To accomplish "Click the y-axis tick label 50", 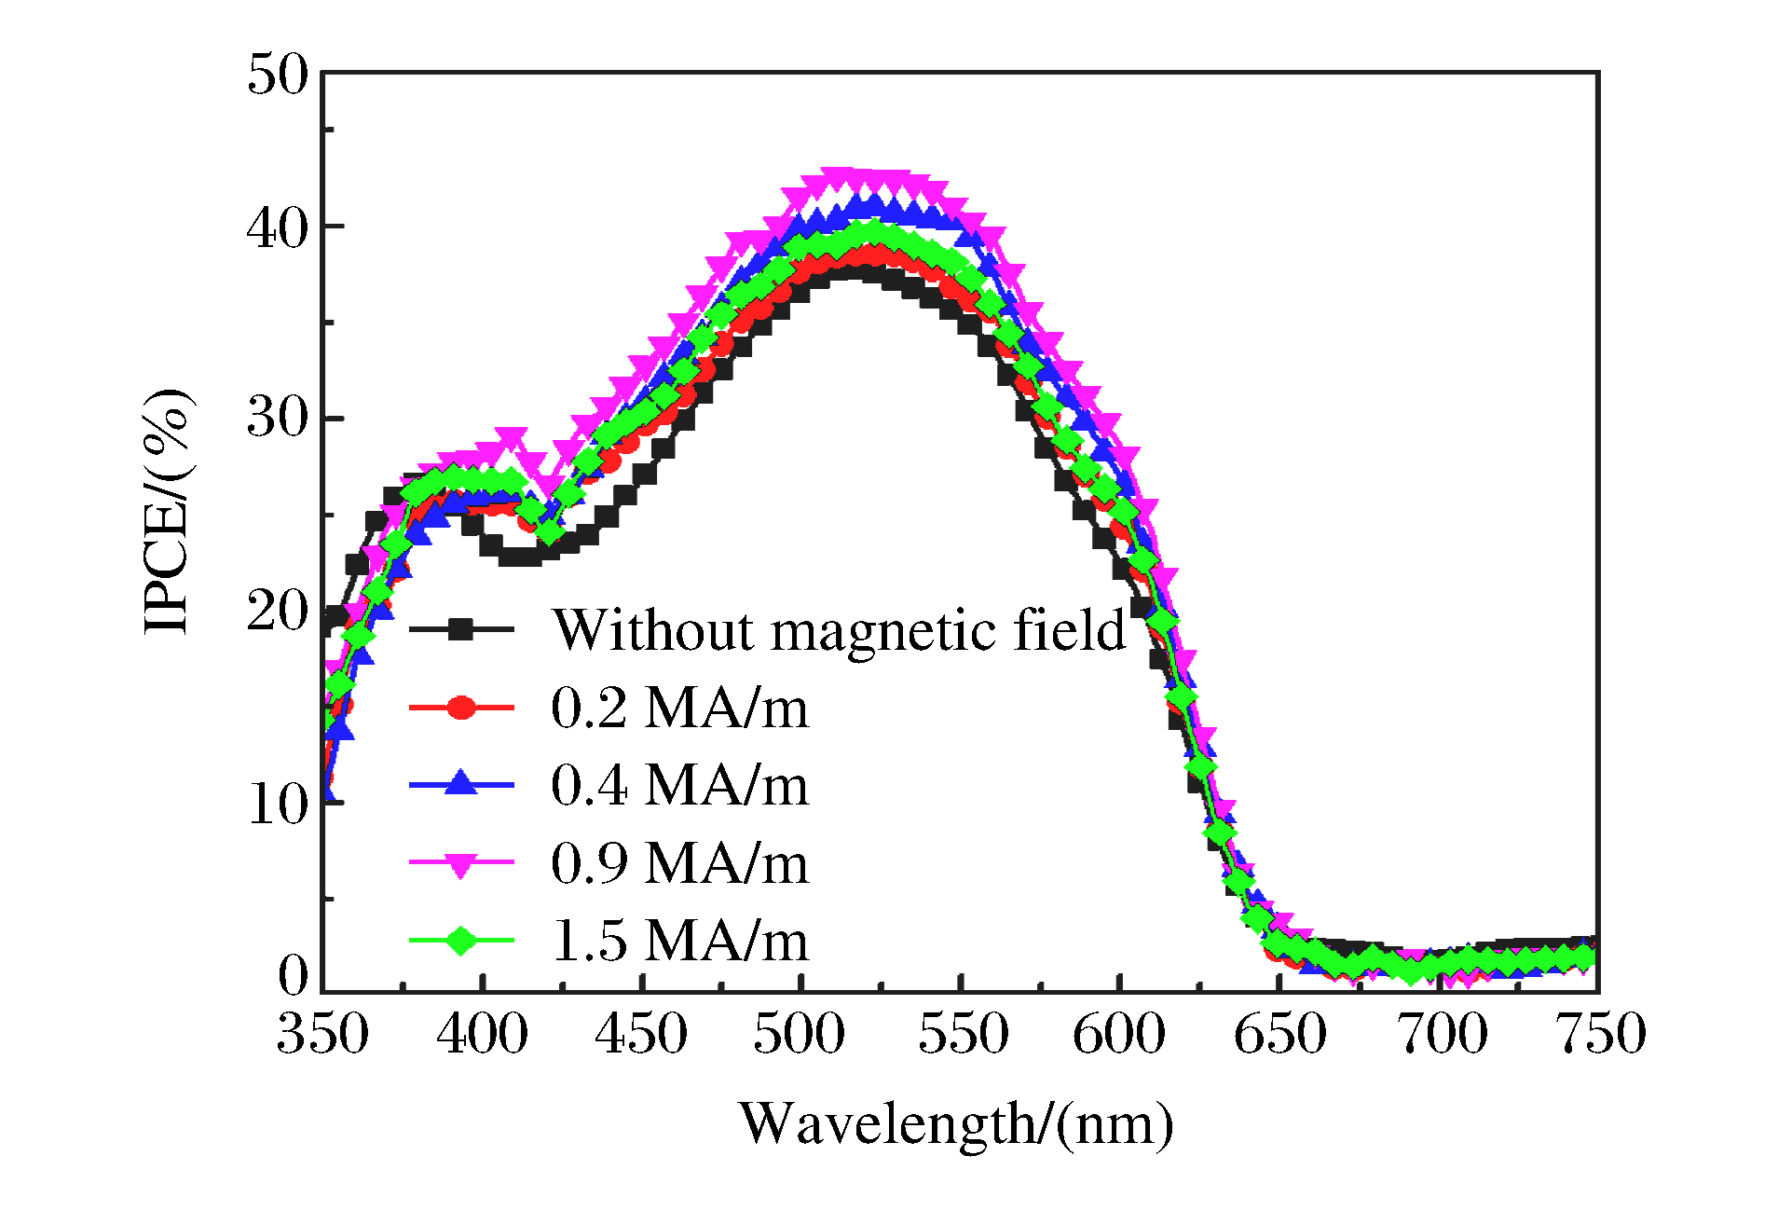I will point(277,75).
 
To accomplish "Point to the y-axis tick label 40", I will point(277,228).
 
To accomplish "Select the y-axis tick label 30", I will point(277,419).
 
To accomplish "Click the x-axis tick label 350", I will point(322,1035).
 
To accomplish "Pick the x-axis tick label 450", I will point(641,1035).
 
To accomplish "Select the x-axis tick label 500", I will point(800,1035).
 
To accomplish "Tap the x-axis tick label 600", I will point(1118,1035).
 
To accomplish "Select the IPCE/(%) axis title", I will point(168,512).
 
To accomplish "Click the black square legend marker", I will point(460,630).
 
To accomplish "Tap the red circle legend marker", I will point(460,708).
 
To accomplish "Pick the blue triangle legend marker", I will point(460,783).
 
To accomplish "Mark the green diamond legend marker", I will point(460,941).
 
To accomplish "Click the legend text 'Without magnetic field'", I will point(839,631).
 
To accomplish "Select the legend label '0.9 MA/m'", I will point(679,863).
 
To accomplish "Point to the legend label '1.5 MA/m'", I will point(679,941).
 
